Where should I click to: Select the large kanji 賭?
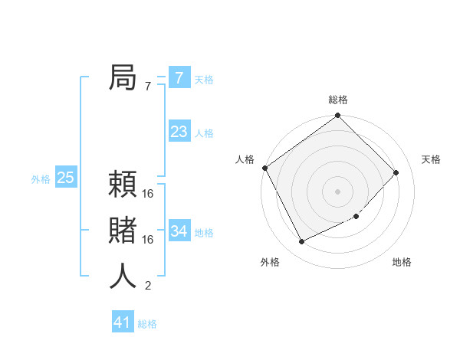(123, 231)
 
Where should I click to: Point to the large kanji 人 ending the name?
(123, 277)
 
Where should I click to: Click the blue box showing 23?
(179, 132)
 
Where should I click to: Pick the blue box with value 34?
(179, 231)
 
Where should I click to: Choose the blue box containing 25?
(66, 178)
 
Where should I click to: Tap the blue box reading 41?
(123, 322)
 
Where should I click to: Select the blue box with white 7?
(179, 78)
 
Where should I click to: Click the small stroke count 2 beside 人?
(148, 286)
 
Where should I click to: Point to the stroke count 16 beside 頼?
(148, 194)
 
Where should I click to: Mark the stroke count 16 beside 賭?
(148, 240)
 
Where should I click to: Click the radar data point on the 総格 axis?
(337, 116)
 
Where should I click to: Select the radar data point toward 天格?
(396, 172)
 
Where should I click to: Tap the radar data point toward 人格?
(265, 168)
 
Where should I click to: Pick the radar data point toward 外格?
(301, 242)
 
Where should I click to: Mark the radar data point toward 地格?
(356, 217)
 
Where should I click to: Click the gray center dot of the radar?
(337, 191)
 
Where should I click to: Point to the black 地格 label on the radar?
(402, 262)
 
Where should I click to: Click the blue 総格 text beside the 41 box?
(147, 324)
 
